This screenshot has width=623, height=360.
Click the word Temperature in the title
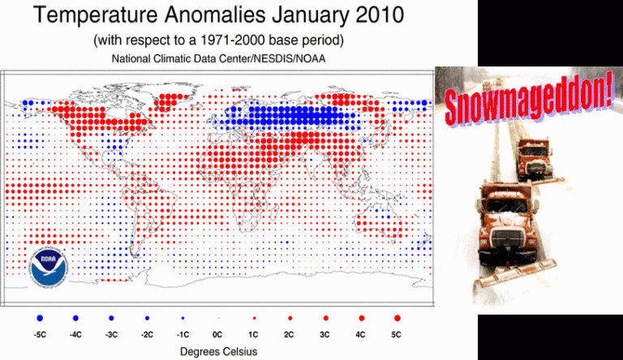tap(96, 16)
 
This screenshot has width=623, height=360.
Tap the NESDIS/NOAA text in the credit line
tap(290, 59)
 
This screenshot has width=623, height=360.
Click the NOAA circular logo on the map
tap(49, 268)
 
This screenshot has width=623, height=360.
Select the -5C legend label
tap(40, 335)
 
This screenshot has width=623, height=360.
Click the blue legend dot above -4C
tap(75, 318)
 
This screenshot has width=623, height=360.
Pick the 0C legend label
tap(217, 335)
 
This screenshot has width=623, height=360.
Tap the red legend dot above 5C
tap(397, 318)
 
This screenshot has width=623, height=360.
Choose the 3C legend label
tap(324, 335)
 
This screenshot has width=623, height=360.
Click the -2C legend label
tap(147, 335)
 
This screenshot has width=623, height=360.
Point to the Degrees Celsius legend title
tap(218, 352)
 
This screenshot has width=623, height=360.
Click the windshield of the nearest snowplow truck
tap(506, 206)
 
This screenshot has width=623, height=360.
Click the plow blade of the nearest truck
tap(517, 273)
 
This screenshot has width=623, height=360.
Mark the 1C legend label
tap(253, 335)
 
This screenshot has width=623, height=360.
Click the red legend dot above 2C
tap(290, 318)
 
